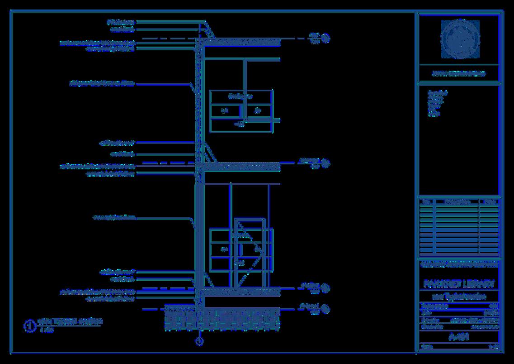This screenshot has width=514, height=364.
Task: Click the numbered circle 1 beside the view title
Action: pyautogui.click(x=30, y=326)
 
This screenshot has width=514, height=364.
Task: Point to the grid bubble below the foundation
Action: pyautogui.click(x=199, y=341)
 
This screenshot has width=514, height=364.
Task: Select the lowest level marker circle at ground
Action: pyautogui.click(x=326, y=310)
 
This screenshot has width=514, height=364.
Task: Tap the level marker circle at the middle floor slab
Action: pyautogui.click(x=326, y=163)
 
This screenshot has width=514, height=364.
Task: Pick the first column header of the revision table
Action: pyautogui.click(x=425, y=201)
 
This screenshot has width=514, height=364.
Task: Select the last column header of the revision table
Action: pyautogui.click(x=489, y=201)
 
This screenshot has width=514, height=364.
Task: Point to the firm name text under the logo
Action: pyautogui.click(x=459, y=73)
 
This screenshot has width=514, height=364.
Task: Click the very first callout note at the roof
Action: pyautogui.click(x=121, y=21)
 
